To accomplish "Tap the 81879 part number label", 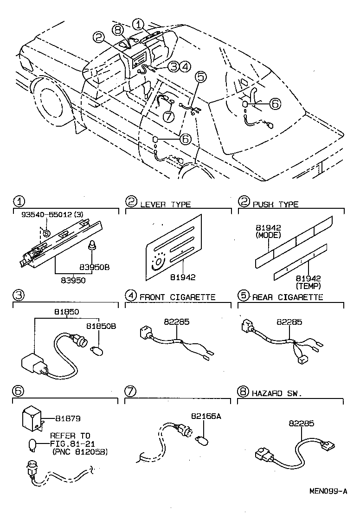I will pos(68,418).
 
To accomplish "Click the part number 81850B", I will pos(103,326).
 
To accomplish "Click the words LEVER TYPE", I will pos(165,204).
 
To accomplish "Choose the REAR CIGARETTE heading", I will pos(287,297).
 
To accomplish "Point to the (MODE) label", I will pos(268,236).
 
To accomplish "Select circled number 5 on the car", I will pos(200,77).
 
